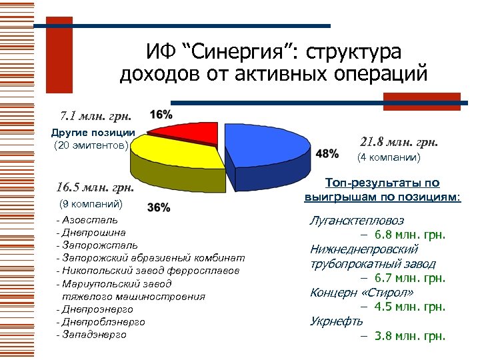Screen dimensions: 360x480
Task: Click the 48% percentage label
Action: point(326,154)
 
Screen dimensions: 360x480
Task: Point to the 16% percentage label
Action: point(161,114)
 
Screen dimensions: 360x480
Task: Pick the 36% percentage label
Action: point(157,207)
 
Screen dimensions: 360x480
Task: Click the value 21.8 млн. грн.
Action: point(399,141)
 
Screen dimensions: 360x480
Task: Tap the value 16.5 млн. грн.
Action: point(95,187)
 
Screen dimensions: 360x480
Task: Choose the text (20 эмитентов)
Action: point(91,145)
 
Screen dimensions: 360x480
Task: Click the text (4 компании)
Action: point(389,158)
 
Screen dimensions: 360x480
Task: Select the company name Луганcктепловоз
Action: point(357,220)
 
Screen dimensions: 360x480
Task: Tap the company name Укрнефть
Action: point(336,321)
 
